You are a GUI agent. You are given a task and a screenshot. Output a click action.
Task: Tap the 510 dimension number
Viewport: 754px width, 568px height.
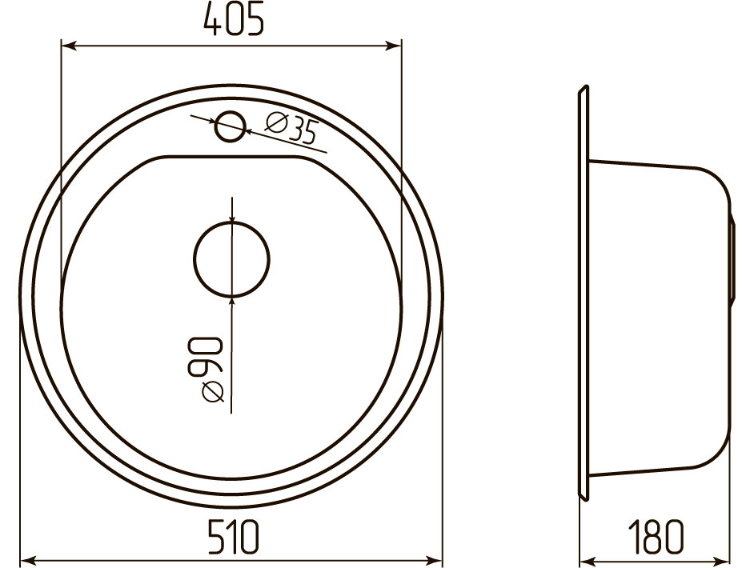233,536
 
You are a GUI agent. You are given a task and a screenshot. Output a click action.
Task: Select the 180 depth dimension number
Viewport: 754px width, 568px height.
656,536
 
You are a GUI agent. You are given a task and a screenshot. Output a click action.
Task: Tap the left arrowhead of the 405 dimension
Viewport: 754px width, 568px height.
68,46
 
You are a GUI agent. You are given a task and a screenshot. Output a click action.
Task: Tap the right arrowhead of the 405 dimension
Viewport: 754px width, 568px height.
394,46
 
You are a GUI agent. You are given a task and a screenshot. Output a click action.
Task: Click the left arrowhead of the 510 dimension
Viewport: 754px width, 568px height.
29,561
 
